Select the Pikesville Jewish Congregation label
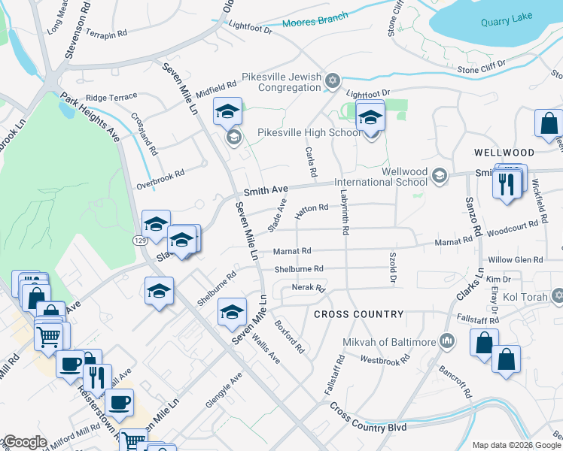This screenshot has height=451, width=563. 281,83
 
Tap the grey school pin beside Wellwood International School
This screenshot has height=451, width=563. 440,177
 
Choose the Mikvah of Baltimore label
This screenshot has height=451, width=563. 388,343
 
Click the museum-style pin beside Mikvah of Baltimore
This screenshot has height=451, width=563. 448,341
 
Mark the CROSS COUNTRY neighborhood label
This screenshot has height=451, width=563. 358,314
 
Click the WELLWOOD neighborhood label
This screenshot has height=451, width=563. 504,152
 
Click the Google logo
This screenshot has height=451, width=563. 24,442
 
